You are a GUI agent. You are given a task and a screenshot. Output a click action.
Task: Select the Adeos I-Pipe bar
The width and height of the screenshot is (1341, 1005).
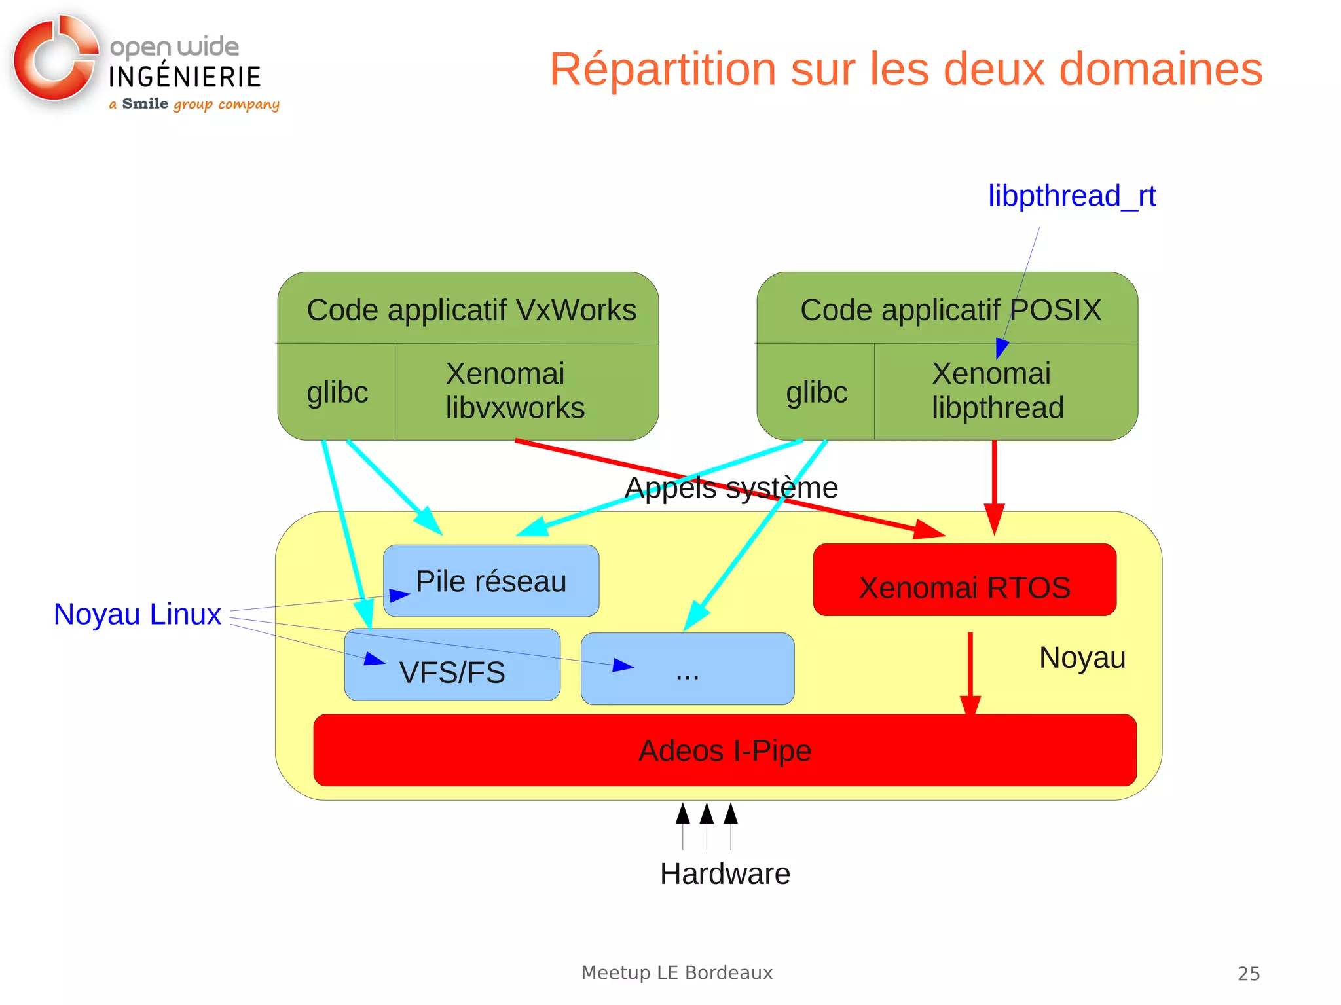pos(724,750)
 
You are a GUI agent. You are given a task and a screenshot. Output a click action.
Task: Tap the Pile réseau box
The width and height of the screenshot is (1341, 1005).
pos(491,581)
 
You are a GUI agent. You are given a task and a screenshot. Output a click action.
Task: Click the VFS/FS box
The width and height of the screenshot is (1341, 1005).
pos(452,672)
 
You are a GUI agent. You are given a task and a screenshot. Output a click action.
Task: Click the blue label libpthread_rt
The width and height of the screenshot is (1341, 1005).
pos(1072,196)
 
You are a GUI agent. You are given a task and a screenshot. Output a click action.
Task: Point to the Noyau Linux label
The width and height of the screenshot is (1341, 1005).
pos(138,614)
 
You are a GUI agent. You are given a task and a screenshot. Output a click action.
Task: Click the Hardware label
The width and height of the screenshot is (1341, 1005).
pos(725,873)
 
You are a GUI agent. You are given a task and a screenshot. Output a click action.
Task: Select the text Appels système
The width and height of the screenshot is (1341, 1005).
pos(731,488)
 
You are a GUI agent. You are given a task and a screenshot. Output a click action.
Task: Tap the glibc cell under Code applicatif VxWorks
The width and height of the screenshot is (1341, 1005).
pos(337,392)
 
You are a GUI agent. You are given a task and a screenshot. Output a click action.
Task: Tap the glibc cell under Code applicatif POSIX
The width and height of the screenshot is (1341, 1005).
pos(817,392)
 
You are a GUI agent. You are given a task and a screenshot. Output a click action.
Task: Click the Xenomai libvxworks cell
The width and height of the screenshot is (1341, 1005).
pos(515,391)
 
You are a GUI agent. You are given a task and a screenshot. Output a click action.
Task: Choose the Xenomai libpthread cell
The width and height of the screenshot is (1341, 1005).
pos(997,391)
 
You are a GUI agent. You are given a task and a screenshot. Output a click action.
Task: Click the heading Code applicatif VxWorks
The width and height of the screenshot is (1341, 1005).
pos(471,310)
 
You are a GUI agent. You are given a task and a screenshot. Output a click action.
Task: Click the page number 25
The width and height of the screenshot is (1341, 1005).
pos(1248,974)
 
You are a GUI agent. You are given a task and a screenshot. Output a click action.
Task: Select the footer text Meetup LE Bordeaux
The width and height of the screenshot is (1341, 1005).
pos(677,973)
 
